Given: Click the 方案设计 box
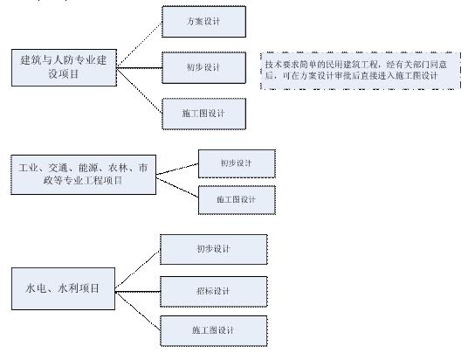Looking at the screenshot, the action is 203,22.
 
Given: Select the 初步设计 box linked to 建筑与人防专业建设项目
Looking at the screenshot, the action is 203,68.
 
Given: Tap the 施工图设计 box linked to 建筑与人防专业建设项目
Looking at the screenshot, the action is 203,114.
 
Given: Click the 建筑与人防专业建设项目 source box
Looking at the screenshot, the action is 64,68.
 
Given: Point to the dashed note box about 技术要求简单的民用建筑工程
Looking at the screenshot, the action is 361,71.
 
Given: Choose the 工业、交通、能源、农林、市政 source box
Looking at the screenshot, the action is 83,175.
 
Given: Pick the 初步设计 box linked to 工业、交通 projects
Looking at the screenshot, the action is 237,164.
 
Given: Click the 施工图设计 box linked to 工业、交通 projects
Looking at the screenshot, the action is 237,200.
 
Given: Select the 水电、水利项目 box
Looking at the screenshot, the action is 63,288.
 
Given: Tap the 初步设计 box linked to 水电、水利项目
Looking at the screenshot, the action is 214,249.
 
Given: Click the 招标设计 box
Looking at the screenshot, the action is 214,292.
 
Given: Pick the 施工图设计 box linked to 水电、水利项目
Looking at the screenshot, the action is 214,331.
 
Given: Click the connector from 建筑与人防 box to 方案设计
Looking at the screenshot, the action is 140,45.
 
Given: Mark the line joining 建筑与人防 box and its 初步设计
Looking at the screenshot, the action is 140,68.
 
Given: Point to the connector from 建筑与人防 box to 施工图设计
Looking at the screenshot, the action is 140,91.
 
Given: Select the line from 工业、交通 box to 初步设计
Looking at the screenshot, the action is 177,169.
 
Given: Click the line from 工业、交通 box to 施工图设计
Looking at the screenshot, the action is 177,188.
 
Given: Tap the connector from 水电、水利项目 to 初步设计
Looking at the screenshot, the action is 138,271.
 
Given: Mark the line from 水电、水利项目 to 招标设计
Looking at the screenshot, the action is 138,292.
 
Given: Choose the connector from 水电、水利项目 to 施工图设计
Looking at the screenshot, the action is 138,312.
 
